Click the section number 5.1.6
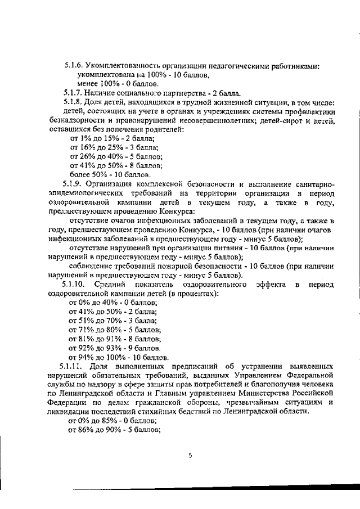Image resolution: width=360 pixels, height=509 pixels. (x=74, y=66)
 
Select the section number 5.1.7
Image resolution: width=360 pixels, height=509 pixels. (x=74, y=93)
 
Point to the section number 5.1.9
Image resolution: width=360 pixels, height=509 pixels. (x=74, y=183)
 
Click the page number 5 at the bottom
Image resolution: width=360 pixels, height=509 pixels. (x=190, y=456)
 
